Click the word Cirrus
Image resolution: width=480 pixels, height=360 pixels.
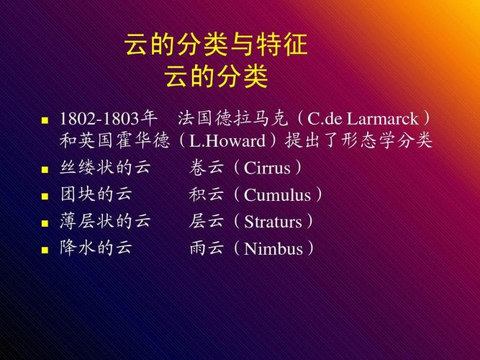click(268, 168)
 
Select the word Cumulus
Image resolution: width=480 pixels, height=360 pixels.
click(278, 195)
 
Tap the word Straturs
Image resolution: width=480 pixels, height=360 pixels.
click(273, 222)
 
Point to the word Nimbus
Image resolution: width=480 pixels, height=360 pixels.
click(274, 249)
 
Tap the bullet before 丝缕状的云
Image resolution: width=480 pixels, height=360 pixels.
click(45, 170)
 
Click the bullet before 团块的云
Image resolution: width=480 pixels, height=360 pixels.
click(45, 197)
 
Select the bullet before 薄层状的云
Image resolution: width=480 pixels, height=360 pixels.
click(45, 223)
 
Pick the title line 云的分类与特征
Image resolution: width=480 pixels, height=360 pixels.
click(216, 46)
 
